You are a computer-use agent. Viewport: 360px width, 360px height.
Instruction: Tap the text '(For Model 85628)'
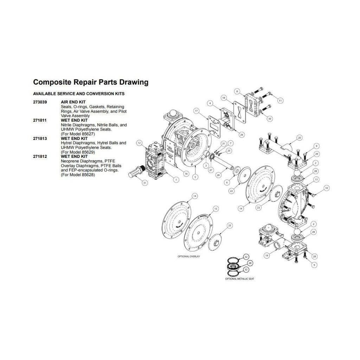(78, 175)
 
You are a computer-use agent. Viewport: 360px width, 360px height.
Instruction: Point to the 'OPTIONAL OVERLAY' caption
(189, 257)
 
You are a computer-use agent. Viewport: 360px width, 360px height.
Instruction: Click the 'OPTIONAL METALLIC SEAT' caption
(240, 278)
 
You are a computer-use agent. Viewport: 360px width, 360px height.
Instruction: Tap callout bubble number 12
(139, 143)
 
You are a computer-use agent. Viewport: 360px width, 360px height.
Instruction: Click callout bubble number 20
(300, 137)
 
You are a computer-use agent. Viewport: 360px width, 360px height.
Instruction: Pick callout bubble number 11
(280, 101)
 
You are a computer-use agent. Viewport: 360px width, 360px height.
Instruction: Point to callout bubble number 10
(326, 188)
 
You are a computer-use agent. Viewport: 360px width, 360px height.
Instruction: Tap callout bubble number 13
(316, 179)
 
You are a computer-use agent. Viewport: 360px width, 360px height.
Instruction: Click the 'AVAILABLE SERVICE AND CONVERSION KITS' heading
(78, 94)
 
